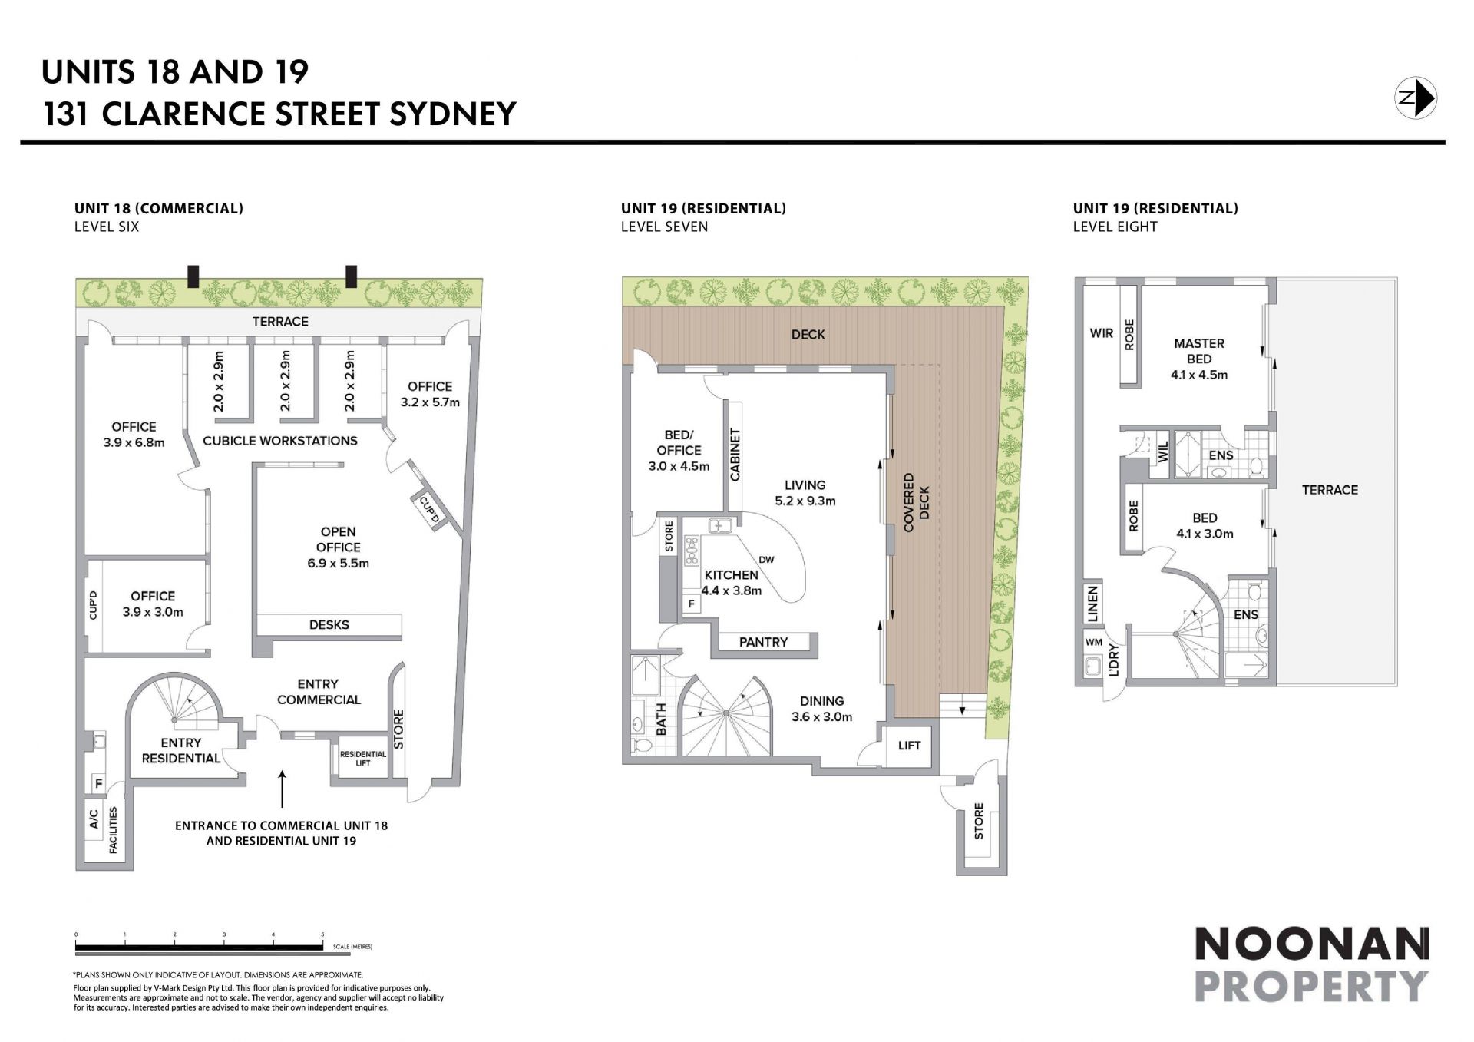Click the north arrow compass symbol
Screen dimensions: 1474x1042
[x=1415, y=98]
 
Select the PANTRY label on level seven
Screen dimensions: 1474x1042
[x=763, y=642]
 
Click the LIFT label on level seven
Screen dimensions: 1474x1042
[x=909, y=745]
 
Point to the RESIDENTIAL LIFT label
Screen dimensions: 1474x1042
[x=363, y=759]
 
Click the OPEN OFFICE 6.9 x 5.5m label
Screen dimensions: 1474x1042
[x=338, y=547]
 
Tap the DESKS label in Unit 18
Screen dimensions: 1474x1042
[x=329, y=625]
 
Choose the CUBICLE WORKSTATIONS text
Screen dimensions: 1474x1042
[x=280, y=441]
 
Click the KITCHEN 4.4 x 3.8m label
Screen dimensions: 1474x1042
[x=732, y=583]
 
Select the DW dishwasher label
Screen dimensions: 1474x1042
[x=766, y=559]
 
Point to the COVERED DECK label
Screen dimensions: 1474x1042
[x=917, y=502]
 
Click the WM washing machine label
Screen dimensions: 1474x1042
[x=1094, y=642]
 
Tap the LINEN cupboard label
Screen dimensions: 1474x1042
[x=1093, y=604]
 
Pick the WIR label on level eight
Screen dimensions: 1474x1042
[x=1102, y=333]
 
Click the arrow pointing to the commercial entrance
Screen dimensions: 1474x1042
[x=282, y=789]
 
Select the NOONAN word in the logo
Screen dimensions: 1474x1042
[x=1311, y=944]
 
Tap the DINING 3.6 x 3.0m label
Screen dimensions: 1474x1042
[x=821, y=709]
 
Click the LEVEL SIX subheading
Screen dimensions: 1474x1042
[x=107, y=227]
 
